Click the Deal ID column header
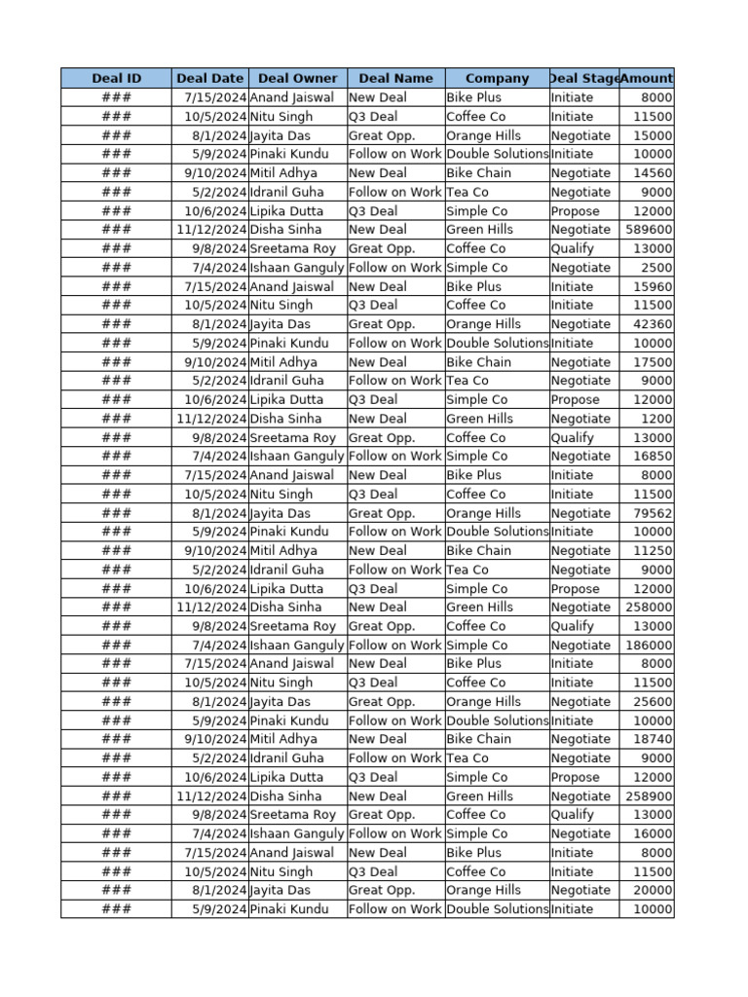tap(116, 78)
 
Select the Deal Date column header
tap(209, 78)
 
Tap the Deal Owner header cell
tap(298, 78)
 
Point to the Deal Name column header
tap(395, 78)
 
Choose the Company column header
tap(497, 78)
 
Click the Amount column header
tap(647, 78)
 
